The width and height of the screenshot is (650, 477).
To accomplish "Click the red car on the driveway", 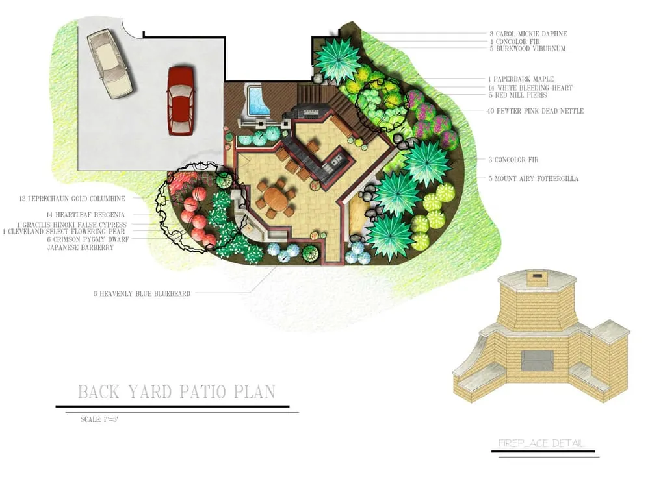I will click(x=181, y=100).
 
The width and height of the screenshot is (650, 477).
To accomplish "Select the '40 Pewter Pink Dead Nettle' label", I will click(x=535, y=111).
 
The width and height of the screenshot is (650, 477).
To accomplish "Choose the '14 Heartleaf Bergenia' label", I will click(x=95, y=214).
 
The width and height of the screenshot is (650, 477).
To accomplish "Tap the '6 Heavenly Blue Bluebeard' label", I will click(x=142, y=294).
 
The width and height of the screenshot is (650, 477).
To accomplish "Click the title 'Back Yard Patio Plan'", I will click(x=176, y=392).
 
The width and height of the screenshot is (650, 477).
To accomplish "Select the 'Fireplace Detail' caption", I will click(x=541, y=444).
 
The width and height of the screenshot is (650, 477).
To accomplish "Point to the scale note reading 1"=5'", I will click(x=99, y=419).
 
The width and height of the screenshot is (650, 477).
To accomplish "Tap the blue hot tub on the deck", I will click(x=257, y=101).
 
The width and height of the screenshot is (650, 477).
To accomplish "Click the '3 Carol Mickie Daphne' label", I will click(x=528, y=33).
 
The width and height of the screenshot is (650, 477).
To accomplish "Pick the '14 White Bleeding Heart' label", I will click(x=530, y=88).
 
